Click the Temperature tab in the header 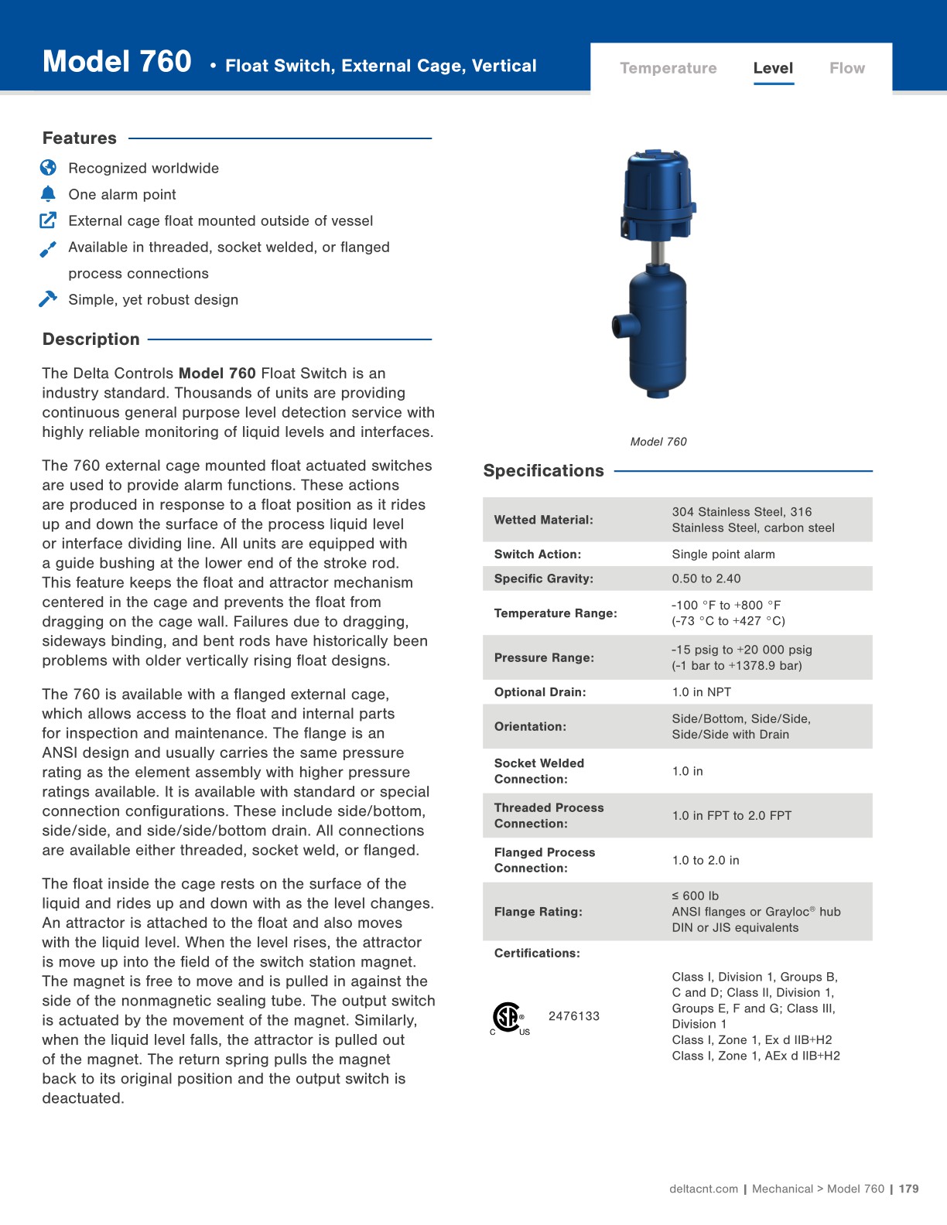668,68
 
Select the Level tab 773,68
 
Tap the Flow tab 846,68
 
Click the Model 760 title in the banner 117,62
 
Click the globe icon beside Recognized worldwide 48,168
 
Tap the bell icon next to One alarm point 48,194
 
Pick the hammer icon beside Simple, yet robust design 48,299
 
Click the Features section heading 80,138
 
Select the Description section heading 91,340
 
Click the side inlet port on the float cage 621,325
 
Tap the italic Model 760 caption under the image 658,442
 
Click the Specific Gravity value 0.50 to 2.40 706,578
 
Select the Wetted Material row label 543,520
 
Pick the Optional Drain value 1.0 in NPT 701,692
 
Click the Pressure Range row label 544,657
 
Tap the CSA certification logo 508,1018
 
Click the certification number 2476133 574,1016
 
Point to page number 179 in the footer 909,1189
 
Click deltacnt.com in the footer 703,1189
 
